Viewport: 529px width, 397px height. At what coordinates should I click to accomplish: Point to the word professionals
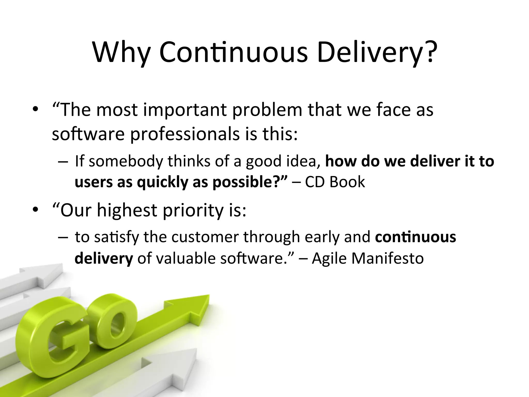(185, 134)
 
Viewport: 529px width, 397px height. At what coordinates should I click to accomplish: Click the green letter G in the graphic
(52, 336)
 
